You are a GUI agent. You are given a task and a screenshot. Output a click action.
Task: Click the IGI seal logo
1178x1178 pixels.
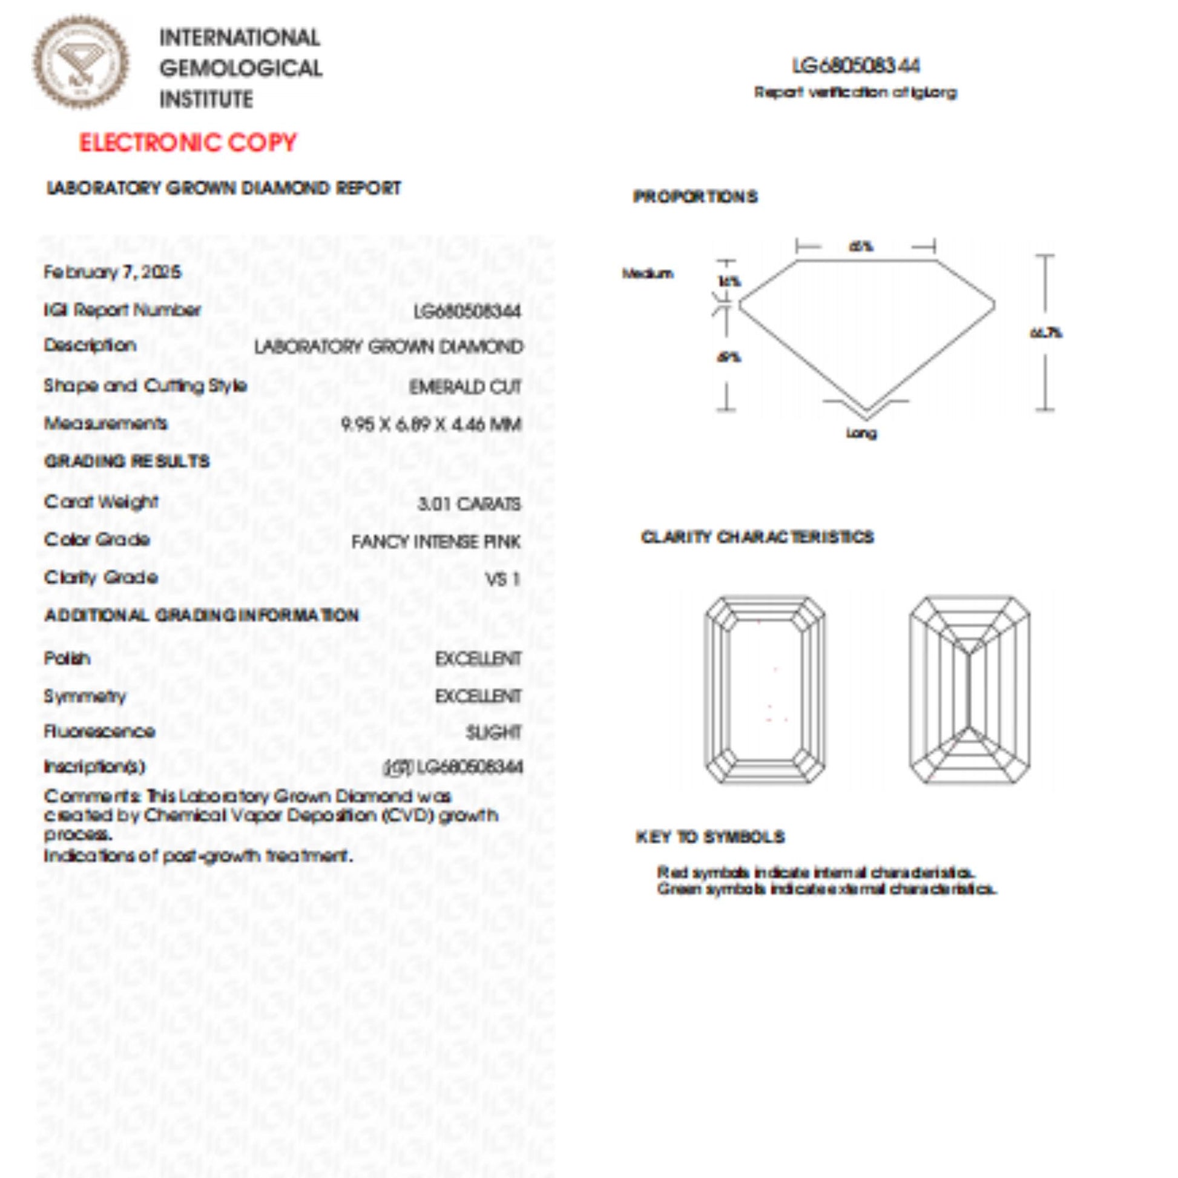81,64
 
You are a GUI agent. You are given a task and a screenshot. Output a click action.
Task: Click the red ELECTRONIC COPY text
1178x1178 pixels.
187,143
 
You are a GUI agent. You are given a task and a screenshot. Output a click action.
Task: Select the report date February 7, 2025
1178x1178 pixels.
112,272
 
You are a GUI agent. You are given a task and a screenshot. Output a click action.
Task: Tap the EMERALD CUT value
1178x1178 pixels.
465,387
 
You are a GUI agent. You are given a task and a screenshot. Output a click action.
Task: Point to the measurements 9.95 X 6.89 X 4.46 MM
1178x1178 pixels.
431,424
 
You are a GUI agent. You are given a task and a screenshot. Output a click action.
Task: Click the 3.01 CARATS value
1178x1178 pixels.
469,504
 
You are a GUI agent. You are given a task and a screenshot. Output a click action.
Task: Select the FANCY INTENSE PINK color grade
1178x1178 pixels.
435,542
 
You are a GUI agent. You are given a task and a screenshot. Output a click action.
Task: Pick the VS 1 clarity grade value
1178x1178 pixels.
502,579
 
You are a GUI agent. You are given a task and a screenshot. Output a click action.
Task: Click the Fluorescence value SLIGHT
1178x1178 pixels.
493,732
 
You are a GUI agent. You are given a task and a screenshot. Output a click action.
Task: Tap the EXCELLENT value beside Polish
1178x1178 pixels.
478,659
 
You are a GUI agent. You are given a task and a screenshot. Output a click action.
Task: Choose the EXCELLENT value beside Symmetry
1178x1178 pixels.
478,696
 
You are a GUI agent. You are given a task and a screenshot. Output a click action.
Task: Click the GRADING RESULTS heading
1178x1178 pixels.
127,461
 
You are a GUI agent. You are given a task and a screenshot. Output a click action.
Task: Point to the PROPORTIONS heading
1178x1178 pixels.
695,197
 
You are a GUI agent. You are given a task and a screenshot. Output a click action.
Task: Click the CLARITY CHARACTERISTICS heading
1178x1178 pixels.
757,537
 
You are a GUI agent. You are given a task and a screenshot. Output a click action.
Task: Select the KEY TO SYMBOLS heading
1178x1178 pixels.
709,837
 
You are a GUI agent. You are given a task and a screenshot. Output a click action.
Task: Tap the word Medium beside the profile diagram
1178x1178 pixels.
648,274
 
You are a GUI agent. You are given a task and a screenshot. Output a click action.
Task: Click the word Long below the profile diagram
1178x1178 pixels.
861,433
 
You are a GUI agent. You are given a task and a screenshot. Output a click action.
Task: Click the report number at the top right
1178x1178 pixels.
855,66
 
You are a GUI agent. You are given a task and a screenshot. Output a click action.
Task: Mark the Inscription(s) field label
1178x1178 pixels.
94,767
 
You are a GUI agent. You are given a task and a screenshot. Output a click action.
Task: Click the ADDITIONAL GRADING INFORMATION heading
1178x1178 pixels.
202,615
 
